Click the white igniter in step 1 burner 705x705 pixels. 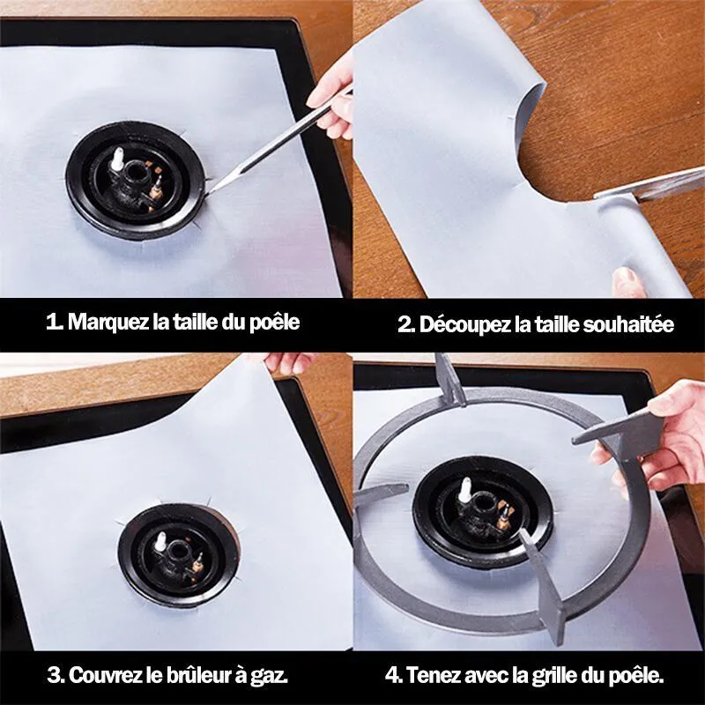click(x=119, y=160)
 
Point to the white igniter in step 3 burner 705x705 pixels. click(x=161, y=543)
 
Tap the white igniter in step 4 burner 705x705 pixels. click(x=464, y=489)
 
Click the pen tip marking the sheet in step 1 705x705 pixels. click(x=210, y=192)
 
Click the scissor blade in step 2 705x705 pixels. click(x=649, y=183)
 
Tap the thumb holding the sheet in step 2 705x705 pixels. click(x=628, y=282)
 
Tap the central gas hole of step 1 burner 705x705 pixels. click(x=135, y=170)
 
